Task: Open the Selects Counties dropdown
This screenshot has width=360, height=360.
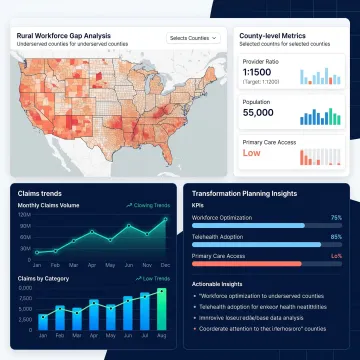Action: point(192,38)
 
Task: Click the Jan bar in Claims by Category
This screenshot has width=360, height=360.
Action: point(43,321)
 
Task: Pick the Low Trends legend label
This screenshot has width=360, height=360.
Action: point(152,277)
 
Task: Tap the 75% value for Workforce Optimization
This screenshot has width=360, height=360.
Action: point(336,216)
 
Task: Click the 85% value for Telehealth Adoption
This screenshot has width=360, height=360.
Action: point(336,236)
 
